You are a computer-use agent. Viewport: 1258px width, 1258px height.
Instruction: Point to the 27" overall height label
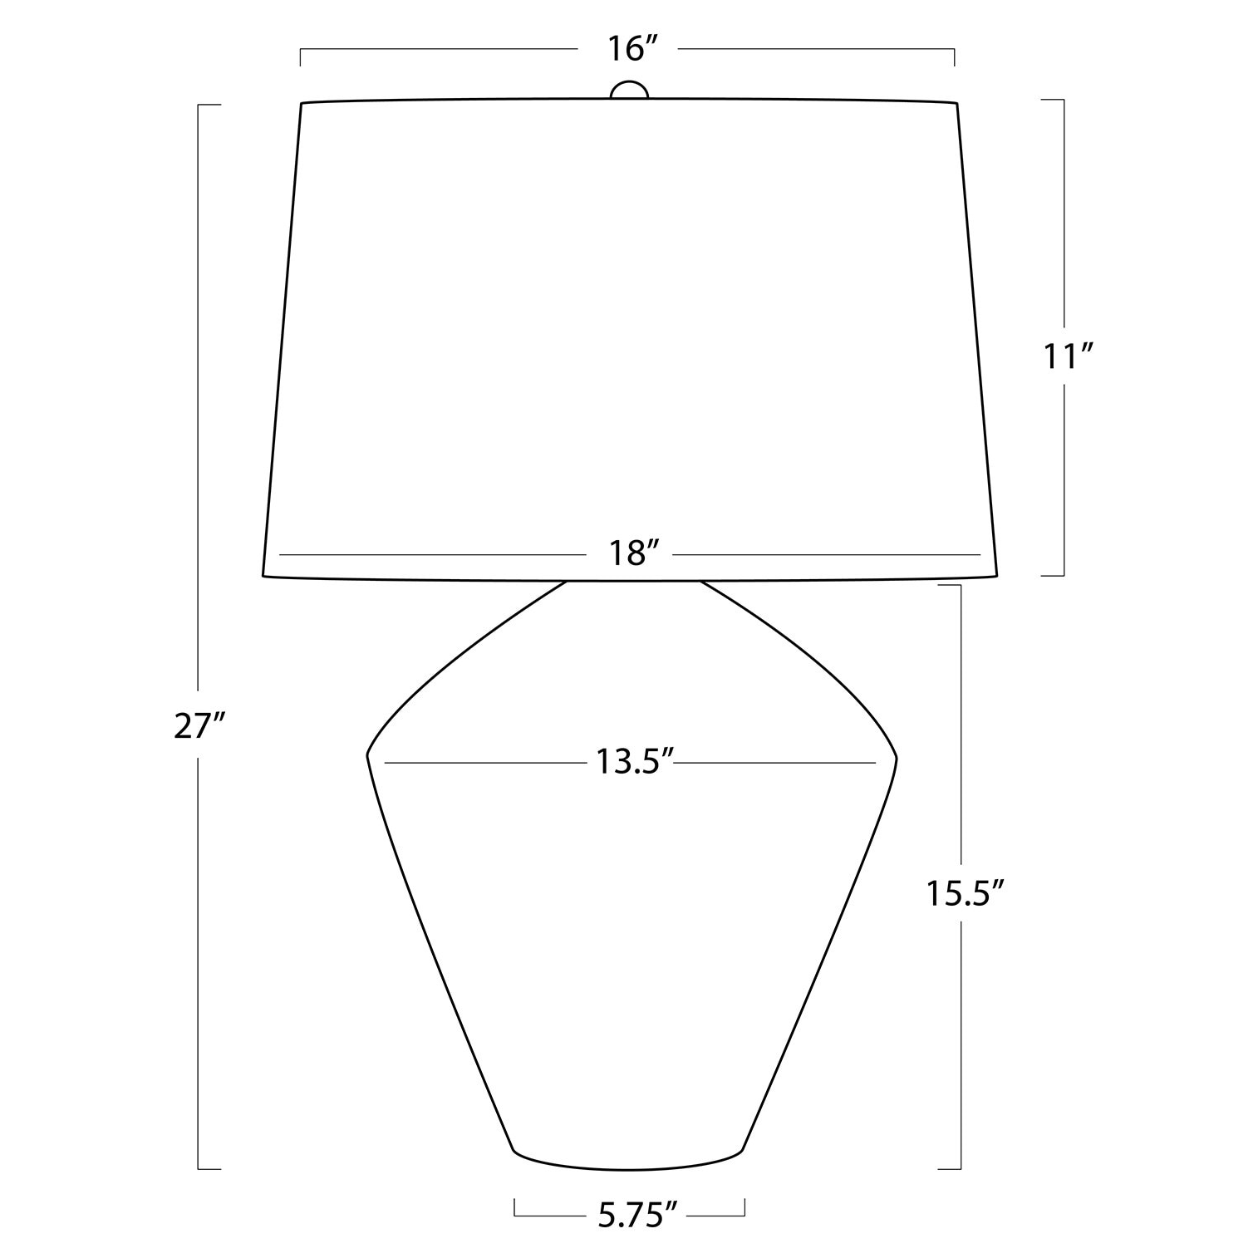point(200,726)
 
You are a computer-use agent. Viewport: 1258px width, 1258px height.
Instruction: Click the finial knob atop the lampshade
point(629,90)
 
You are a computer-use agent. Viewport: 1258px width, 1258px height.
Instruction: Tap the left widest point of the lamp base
point(367,755)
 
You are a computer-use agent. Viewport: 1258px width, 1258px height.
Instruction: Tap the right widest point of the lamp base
point(897,757)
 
